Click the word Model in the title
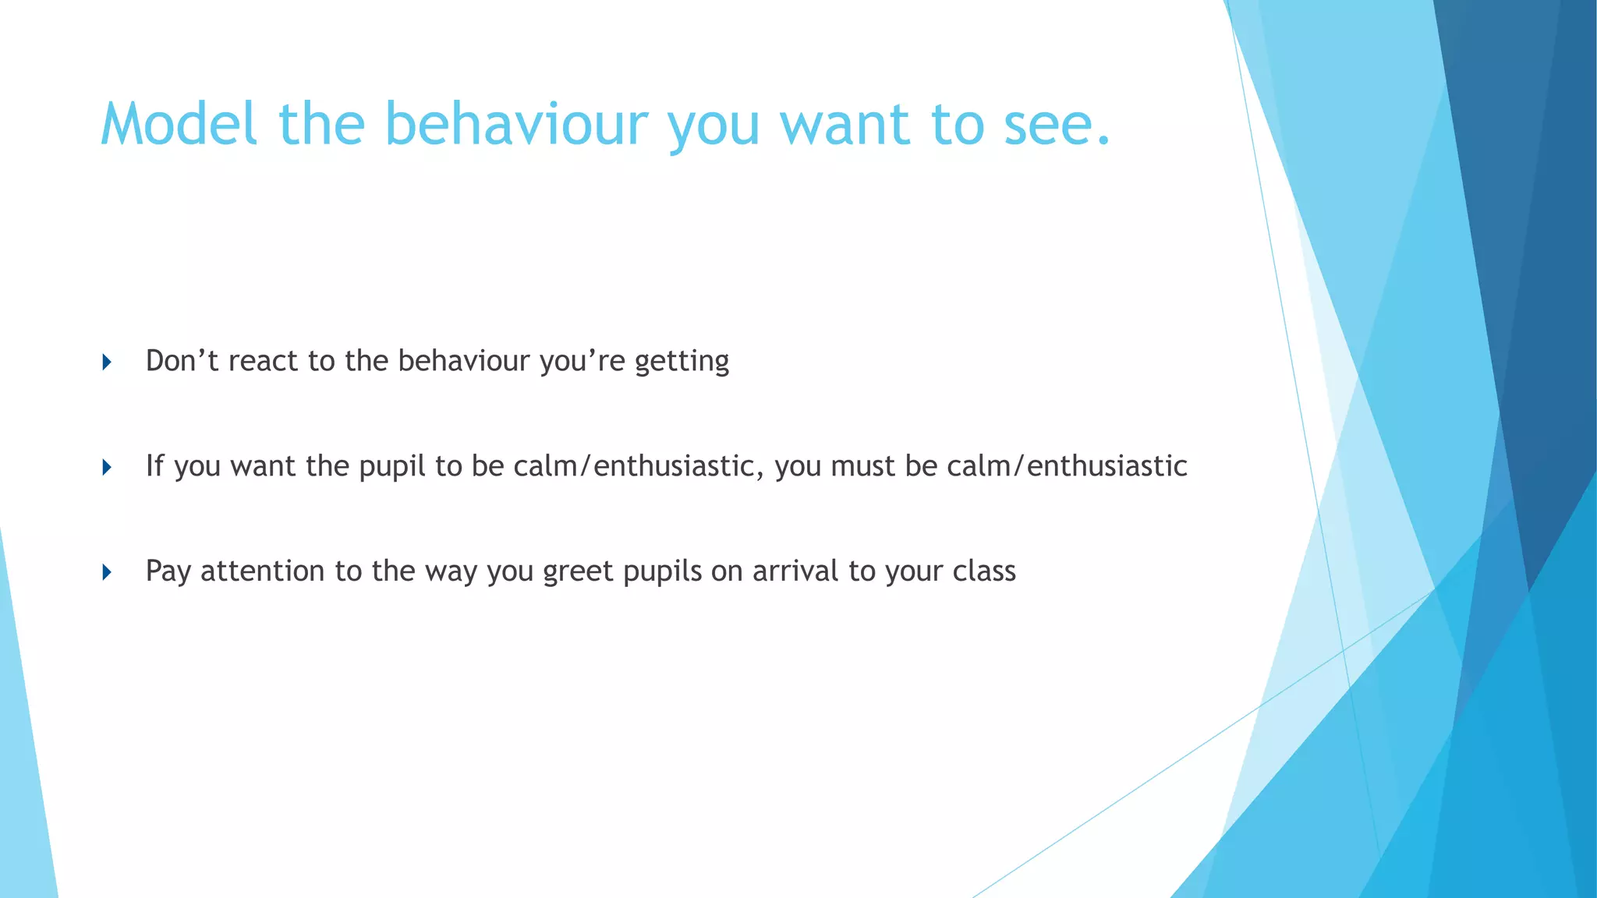(179, 125)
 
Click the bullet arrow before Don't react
(107, 362)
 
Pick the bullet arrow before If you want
(107, 467)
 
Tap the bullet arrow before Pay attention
(107, 572)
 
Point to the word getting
(682, 361)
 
